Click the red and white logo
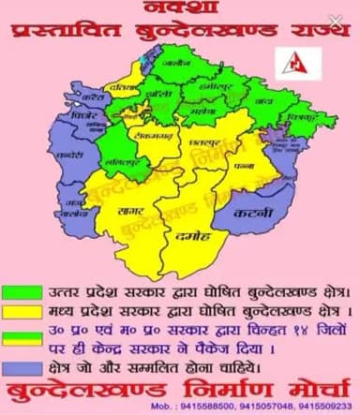click(300, 62)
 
